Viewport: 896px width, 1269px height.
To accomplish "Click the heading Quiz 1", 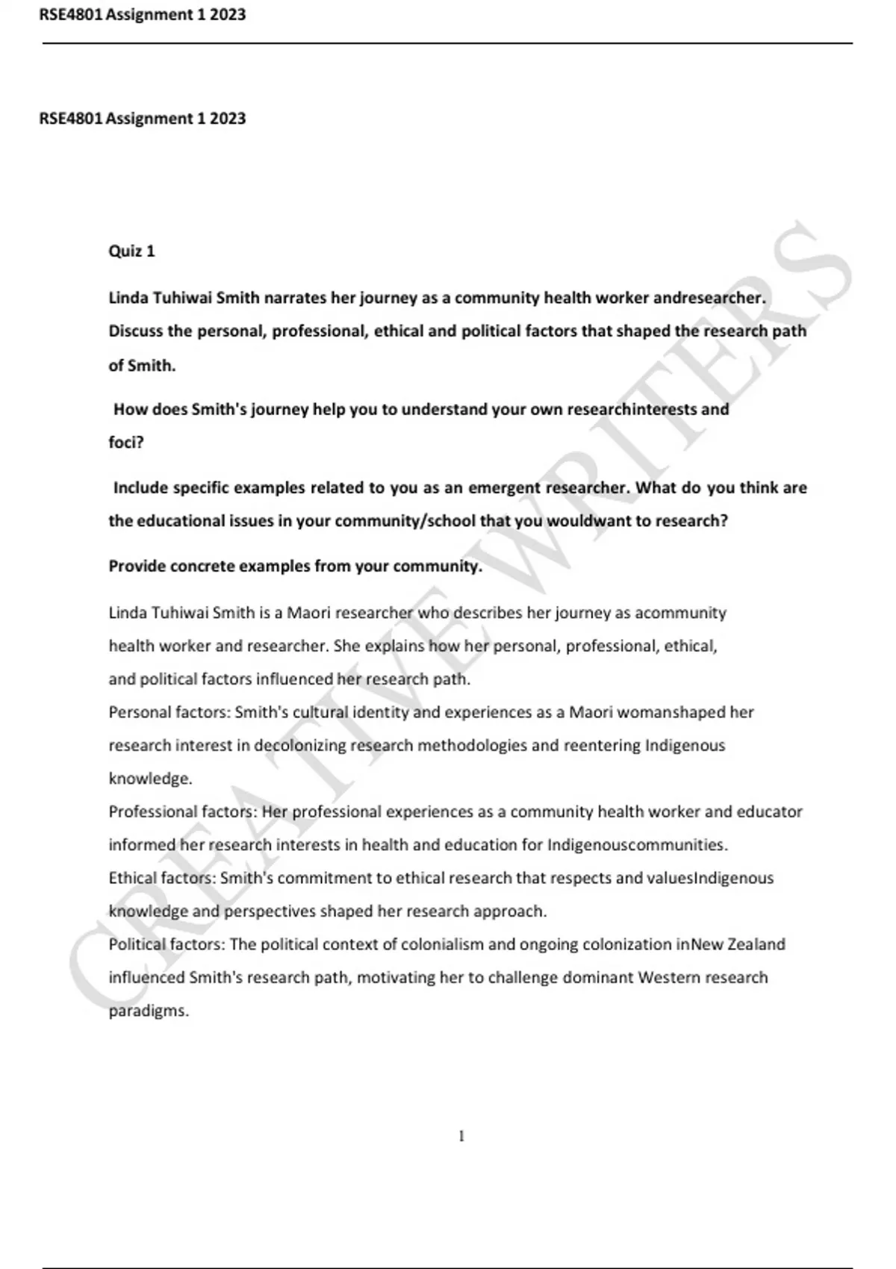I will [131, 251].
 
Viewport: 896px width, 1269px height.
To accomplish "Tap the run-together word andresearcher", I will [709, 298].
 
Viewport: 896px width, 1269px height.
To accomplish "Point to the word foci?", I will [126, 442].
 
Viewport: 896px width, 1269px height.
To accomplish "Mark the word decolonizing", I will [300, 745].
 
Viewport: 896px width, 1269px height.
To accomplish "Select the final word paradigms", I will [149, 1011].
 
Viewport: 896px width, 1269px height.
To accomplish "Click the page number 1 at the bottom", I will [461, 1136].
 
